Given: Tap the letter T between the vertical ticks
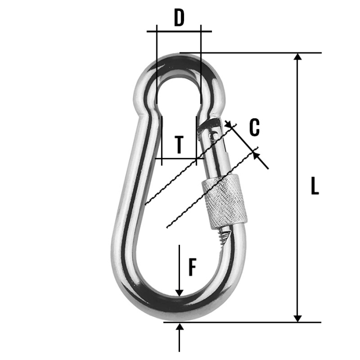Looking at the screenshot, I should pyautogui.click(x=178, y=146).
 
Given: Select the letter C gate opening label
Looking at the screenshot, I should pyautogui.click(x=254, y=128).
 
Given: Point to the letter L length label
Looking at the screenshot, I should pyautogui.click(x=315, y=186).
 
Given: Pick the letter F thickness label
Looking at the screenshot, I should pyautogui.click(x=192, y=267).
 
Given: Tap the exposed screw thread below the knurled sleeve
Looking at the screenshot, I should pyautogui.click(x=225, y=235).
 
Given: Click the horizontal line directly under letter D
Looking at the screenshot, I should pyautogui.click(x=178, y=31).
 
